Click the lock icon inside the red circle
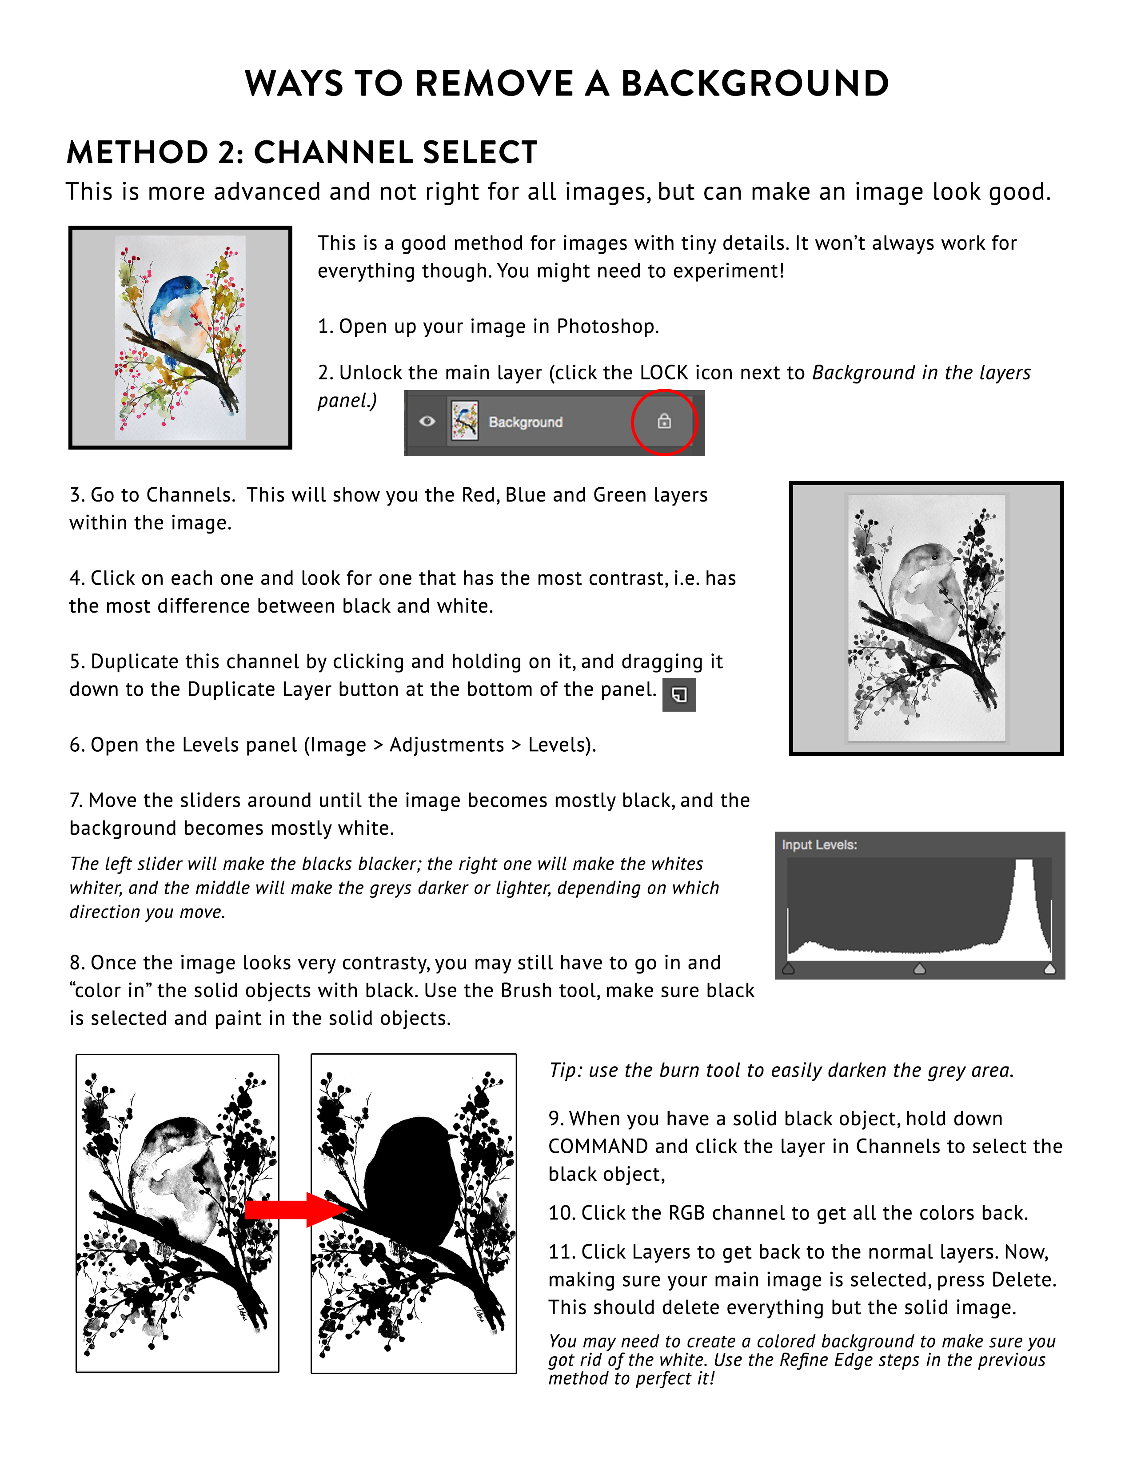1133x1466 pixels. click(664, 422)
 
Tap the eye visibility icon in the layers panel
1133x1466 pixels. click(427, 422)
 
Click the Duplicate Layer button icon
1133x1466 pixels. click(678, 695)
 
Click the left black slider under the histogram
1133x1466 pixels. click(789, 968)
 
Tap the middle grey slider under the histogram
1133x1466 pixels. click(920, 968)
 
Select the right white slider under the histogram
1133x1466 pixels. click(1050, 968)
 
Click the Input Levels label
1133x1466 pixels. click(819, 845)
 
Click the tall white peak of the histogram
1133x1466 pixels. click(1024, 900)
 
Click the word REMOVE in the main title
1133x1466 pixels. click(493, 84)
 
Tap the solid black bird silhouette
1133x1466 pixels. click(413, 1181)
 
